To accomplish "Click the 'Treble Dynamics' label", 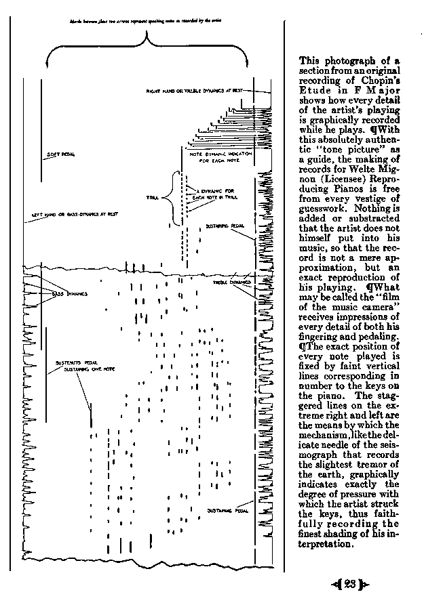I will [x=232, y=282].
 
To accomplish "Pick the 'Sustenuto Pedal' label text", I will [x=71, y=362].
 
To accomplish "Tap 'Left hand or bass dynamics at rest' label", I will [x=75, y=215].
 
